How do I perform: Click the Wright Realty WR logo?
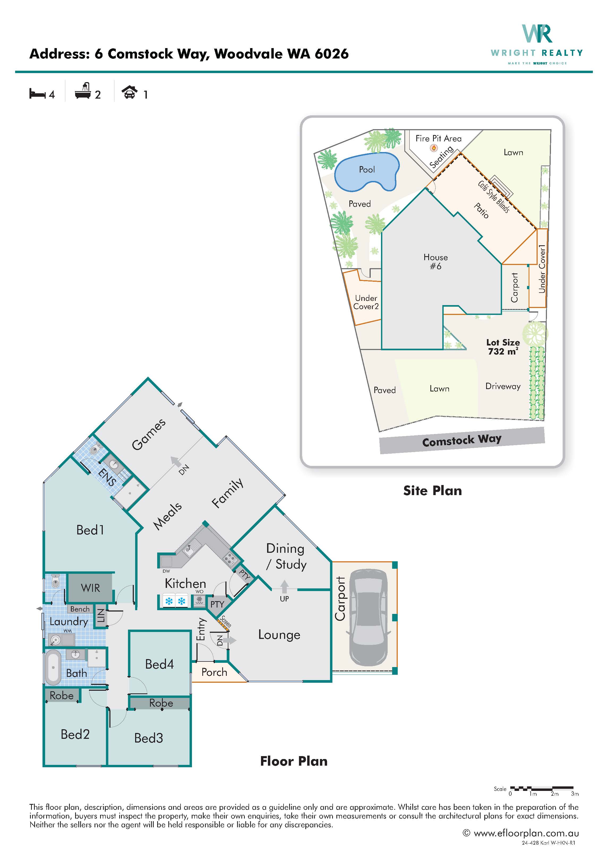(x=537, y=34)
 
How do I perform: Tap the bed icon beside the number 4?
(x=37, y=94)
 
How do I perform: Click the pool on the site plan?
(x=366, y=172)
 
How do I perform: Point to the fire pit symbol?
(x=434, y=148)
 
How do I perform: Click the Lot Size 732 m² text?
(x=503, y=347)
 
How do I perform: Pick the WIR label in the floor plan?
(x=91, y=588)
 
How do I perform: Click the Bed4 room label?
(x=160, y=664)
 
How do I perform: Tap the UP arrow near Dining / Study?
(x=285, y=587)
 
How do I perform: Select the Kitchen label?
(x=185, y=583)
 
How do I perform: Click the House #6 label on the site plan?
(x=435, y=262)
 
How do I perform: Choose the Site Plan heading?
(x=433, y=491)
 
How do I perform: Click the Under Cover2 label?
(x=366, y=302)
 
